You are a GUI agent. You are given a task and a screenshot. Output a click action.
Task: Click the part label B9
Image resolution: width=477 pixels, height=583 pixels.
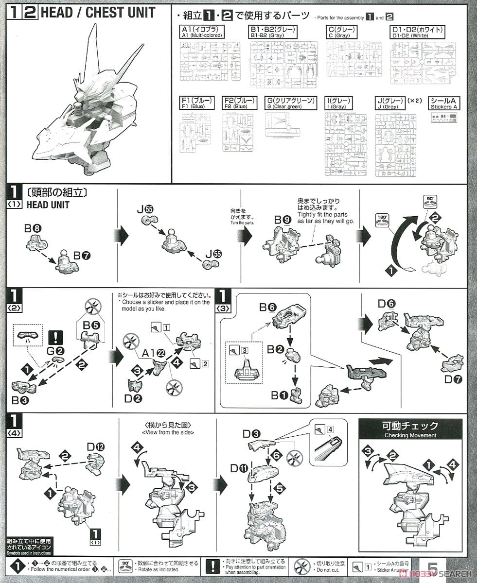pyautogui.click(x=283, y=220)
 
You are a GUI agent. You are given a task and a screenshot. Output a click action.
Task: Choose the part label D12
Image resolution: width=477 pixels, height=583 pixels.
pyautogui.click(x=96, y=446)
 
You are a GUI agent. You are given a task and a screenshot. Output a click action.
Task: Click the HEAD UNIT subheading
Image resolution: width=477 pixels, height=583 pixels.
pyautogui.click(x=47, y=205)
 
